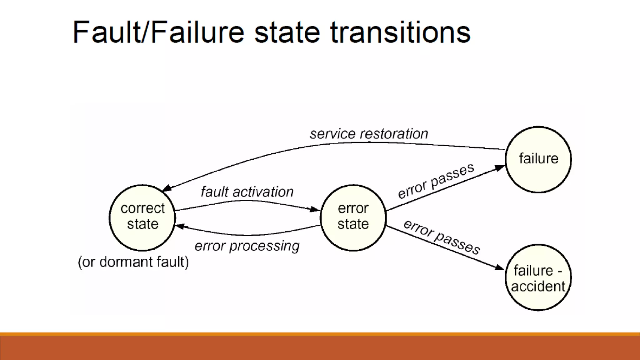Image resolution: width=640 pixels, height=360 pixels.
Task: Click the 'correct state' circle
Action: [142, 218]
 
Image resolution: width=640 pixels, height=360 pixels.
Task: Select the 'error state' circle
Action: [353, 218]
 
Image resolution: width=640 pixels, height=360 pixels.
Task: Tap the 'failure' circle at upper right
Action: [538, 159]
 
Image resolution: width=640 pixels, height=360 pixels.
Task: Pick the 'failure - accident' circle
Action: [538, 277]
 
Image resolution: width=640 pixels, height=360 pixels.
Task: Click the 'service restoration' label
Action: [369, 134]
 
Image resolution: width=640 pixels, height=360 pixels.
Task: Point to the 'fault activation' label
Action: [247, 192]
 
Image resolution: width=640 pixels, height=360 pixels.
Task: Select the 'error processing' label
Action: [247, 246]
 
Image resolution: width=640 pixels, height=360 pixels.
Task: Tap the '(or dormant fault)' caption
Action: [133, 262]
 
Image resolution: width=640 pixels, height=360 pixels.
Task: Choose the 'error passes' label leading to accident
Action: [441, 237]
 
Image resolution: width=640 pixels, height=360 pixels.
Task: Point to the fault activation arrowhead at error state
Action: [315, 209]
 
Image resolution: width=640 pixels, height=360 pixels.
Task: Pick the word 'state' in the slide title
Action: [287, 32]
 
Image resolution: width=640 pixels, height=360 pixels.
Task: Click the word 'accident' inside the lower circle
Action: [538, 286]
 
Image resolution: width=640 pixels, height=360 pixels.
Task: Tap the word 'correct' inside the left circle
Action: [142, 208]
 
